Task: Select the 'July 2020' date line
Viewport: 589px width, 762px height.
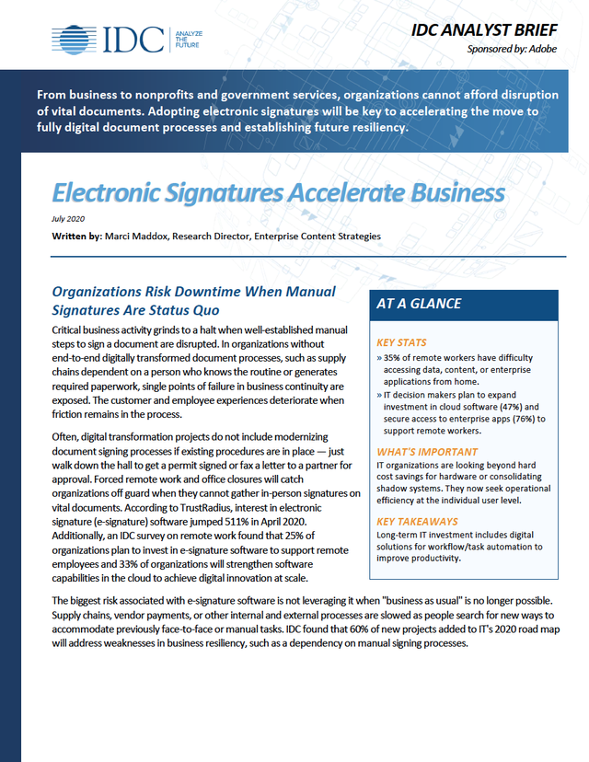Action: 67,218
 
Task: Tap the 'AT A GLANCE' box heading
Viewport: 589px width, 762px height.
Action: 420,304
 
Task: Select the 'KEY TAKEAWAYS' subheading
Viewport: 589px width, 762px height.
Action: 415,521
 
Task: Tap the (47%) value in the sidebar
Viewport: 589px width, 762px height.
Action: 505,406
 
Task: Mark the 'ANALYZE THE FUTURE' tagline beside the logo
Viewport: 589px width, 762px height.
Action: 188,39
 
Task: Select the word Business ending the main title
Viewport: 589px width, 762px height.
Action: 446,193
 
